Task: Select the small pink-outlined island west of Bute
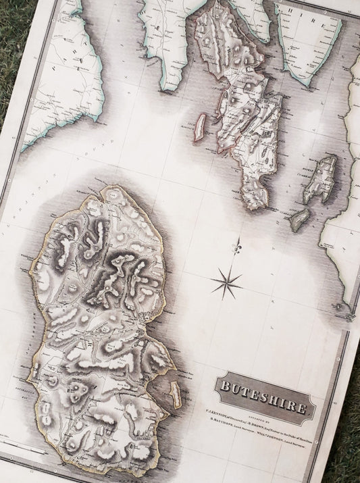pyautogui.click(x=200, y=126)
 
